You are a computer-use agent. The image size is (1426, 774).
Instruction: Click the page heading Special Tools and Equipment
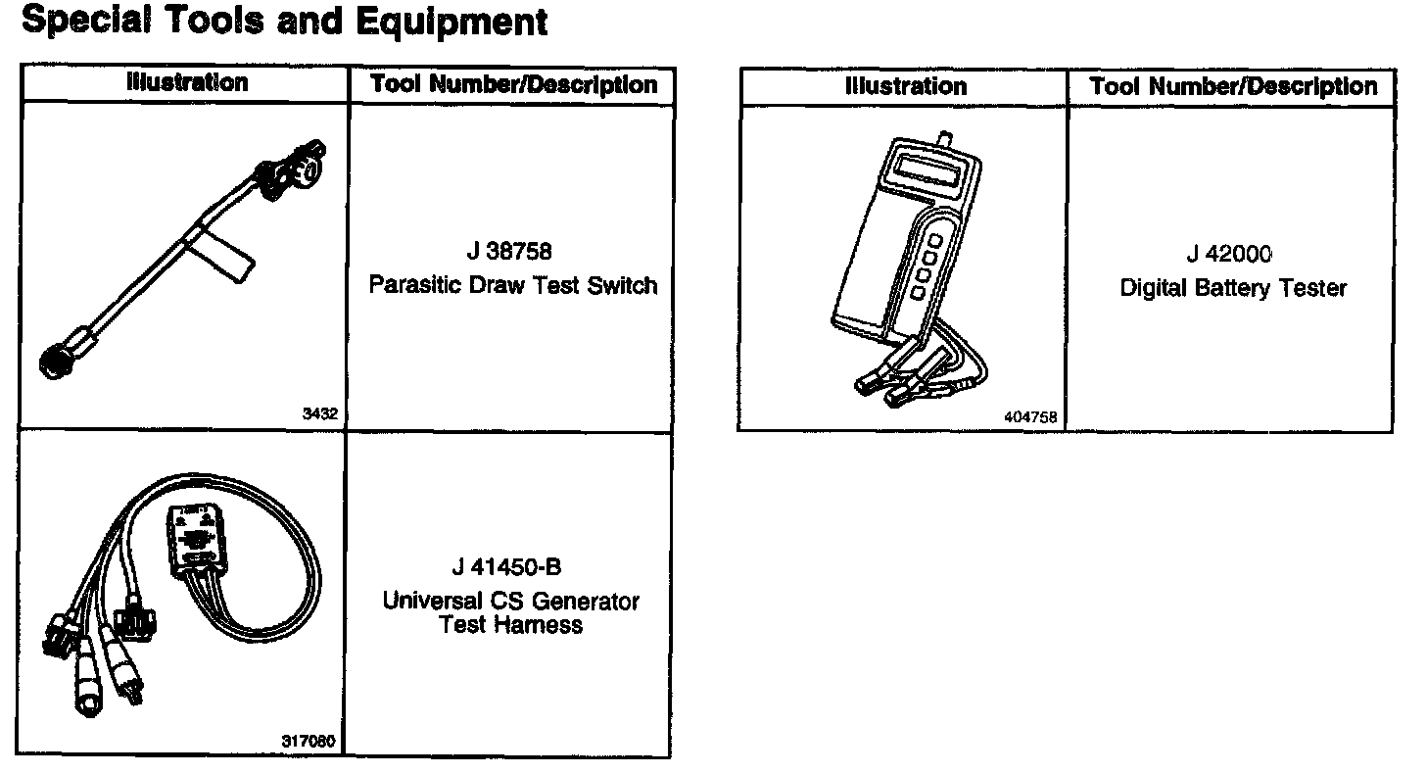tap(284, 22)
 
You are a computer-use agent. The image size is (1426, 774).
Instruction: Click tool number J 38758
tap(509, 252)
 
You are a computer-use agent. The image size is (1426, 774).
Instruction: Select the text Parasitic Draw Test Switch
tap(512, 286)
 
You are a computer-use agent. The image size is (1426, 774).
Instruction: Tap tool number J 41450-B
tap(507, 568)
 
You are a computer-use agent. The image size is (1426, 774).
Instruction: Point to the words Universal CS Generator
tap(510, 601)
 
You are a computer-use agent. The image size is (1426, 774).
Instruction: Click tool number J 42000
tap(1229, 255)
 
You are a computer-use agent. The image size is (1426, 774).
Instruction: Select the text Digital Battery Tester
tap(1233, 289)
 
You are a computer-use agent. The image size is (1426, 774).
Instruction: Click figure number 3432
tap(320, 414)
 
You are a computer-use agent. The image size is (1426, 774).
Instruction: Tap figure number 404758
tap(1031, 417)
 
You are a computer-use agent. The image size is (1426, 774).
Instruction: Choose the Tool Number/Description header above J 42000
tap(1233, 87)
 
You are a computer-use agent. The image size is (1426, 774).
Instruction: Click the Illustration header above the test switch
tap(187, 83)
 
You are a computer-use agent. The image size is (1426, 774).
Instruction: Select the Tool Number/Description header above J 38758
tap(513, 85)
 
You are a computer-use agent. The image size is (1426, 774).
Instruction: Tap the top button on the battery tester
tap(935, 240)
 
